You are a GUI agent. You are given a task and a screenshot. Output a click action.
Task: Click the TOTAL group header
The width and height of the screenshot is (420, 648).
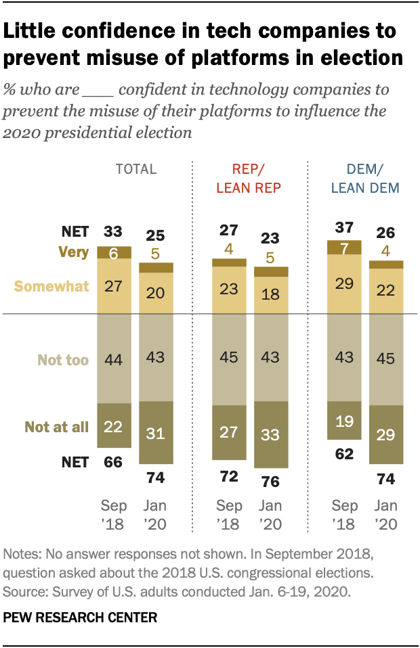click(135, 169)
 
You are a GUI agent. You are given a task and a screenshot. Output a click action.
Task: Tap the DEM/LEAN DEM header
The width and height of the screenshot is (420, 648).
click(365, 179)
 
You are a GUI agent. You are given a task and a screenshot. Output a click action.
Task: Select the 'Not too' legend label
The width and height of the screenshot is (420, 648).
click(64, 360)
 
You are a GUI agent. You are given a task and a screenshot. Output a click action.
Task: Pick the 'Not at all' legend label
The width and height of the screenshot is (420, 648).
click(57, 426)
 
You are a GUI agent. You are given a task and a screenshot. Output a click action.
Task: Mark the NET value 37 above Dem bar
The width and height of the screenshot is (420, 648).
click(345, 227)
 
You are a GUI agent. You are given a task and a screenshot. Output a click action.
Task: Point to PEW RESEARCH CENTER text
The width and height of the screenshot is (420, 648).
click(81, 617)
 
